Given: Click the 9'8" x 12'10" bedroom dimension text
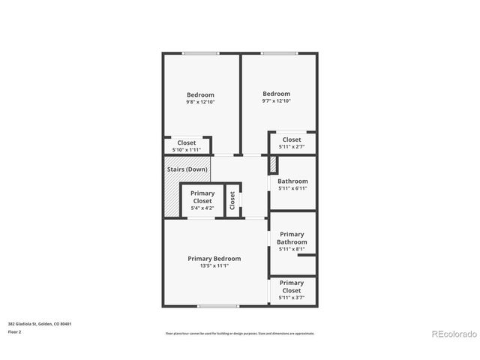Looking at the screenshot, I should pos(200,102).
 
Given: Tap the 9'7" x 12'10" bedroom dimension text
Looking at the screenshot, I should pos(276,101).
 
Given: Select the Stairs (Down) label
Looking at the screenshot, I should pos(187,169).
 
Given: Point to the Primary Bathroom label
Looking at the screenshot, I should pos(292,238).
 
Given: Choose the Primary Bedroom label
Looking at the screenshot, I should pos(214,259).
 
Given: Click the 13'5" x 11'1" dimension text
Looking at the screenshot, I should pos(214,265).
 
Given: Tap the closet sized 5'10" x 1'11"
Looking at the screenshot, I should pos(187,146).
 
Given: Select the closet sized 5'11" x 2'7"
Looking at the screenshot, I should pos(292,142).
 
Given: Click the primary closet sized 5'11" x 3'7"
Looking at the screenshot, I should pos(292,290).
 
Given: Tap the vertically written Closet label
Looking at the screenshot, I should pos(232,199).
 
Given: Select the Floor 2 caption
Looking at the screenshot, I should pos(15,331).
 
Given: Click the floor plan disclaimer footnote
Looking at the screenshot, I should pos(240,334).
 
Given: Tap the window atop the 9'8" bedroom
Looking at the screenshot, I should pos(201,53).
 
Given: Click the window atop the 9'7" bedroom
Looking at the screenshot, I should pos(278,53).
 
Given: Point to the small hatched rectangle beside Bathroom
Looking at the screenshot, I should pos(272,166).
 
